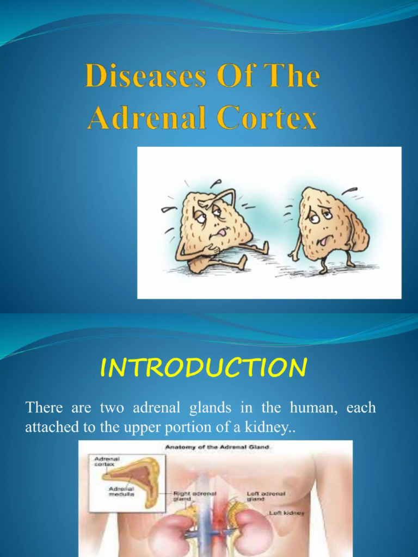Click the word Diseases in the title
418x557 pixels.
click(145, 77)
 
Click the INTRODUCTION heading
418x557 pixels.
click(204, 368)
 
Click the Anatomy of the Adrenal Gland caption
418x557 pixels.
click(215, 447)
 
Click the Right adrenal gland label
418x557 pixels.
click(194, 496)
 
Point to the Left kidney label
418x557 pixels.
click(287, 512)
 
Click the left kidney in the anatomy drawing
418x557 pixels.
click(254, 530)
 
